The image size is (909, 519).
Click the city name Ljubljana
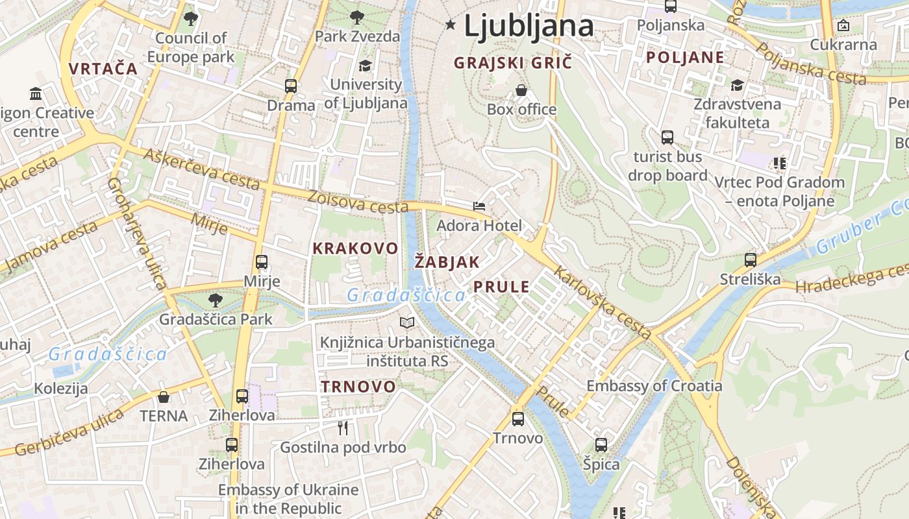coord(529,26)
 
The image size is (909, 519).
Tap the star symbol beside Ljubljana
coord(451,25)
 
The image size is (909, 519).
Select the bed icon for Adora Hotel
coord(479,206)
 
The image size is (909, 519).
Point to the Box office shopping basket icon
coord(521,90)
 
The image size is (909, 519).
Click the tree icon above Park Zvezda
coord(356,17)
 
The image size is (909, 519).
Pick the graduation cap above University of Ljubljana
coord(366,66)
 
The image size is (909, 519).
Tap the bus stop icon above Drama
coord(291,86)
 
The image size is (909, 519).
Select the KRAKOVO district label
coord(355,248)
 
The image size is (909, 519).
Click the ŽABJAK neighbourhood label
coord(447,263)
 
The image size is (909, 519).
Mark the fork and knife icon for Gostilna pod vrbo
coord(343,428)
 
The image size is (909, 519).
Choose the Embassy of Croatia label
coord(654,386)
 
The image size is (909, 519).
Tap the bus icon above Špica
coord(601,445)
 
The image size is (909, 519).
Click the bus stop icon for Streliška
coord(751,260)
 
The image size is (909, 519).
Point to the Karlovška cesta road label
coord(604,304)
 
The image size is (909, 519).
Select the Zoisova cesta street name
coord(358,202)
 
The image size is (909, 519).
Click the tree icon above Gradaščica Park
coord(215,300)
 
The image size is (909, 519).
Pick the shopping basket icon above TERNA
coord(164,396)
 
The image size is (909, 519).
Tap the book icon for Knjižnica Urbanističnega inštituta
coord(407,322)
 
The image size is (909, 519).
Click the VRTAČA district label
coord(103,69)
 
